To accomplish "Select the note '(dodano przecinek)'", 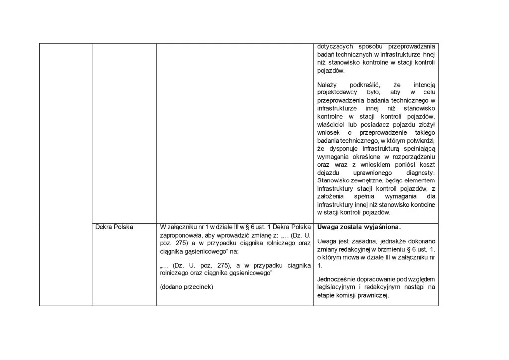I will [186, 287].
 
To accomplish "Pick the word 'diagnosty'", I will [419, 172].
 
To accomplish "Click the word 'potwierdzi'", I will [421, 140].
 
